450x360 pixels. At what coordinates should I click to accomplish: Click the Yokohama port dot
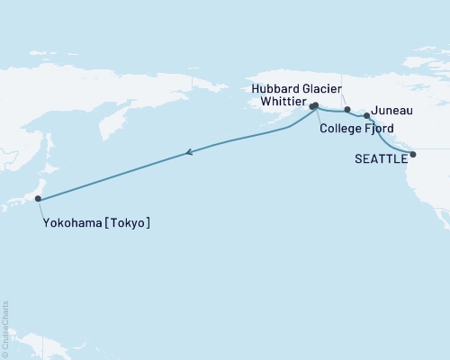click(38, 199)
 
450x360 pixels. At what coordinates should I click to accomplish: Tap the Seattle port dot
click(413, 155)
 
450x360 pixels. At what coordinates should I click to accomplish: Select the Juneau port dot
click(366, 116)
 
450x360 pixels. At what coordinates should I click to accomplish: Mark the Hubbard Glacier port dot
click(347, 109)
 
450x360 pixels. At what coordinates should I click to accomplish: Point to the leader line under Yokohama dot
click(40, 209)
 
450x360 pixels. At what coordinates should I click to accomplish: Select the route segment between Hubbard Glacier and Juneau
click(357, 113)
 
